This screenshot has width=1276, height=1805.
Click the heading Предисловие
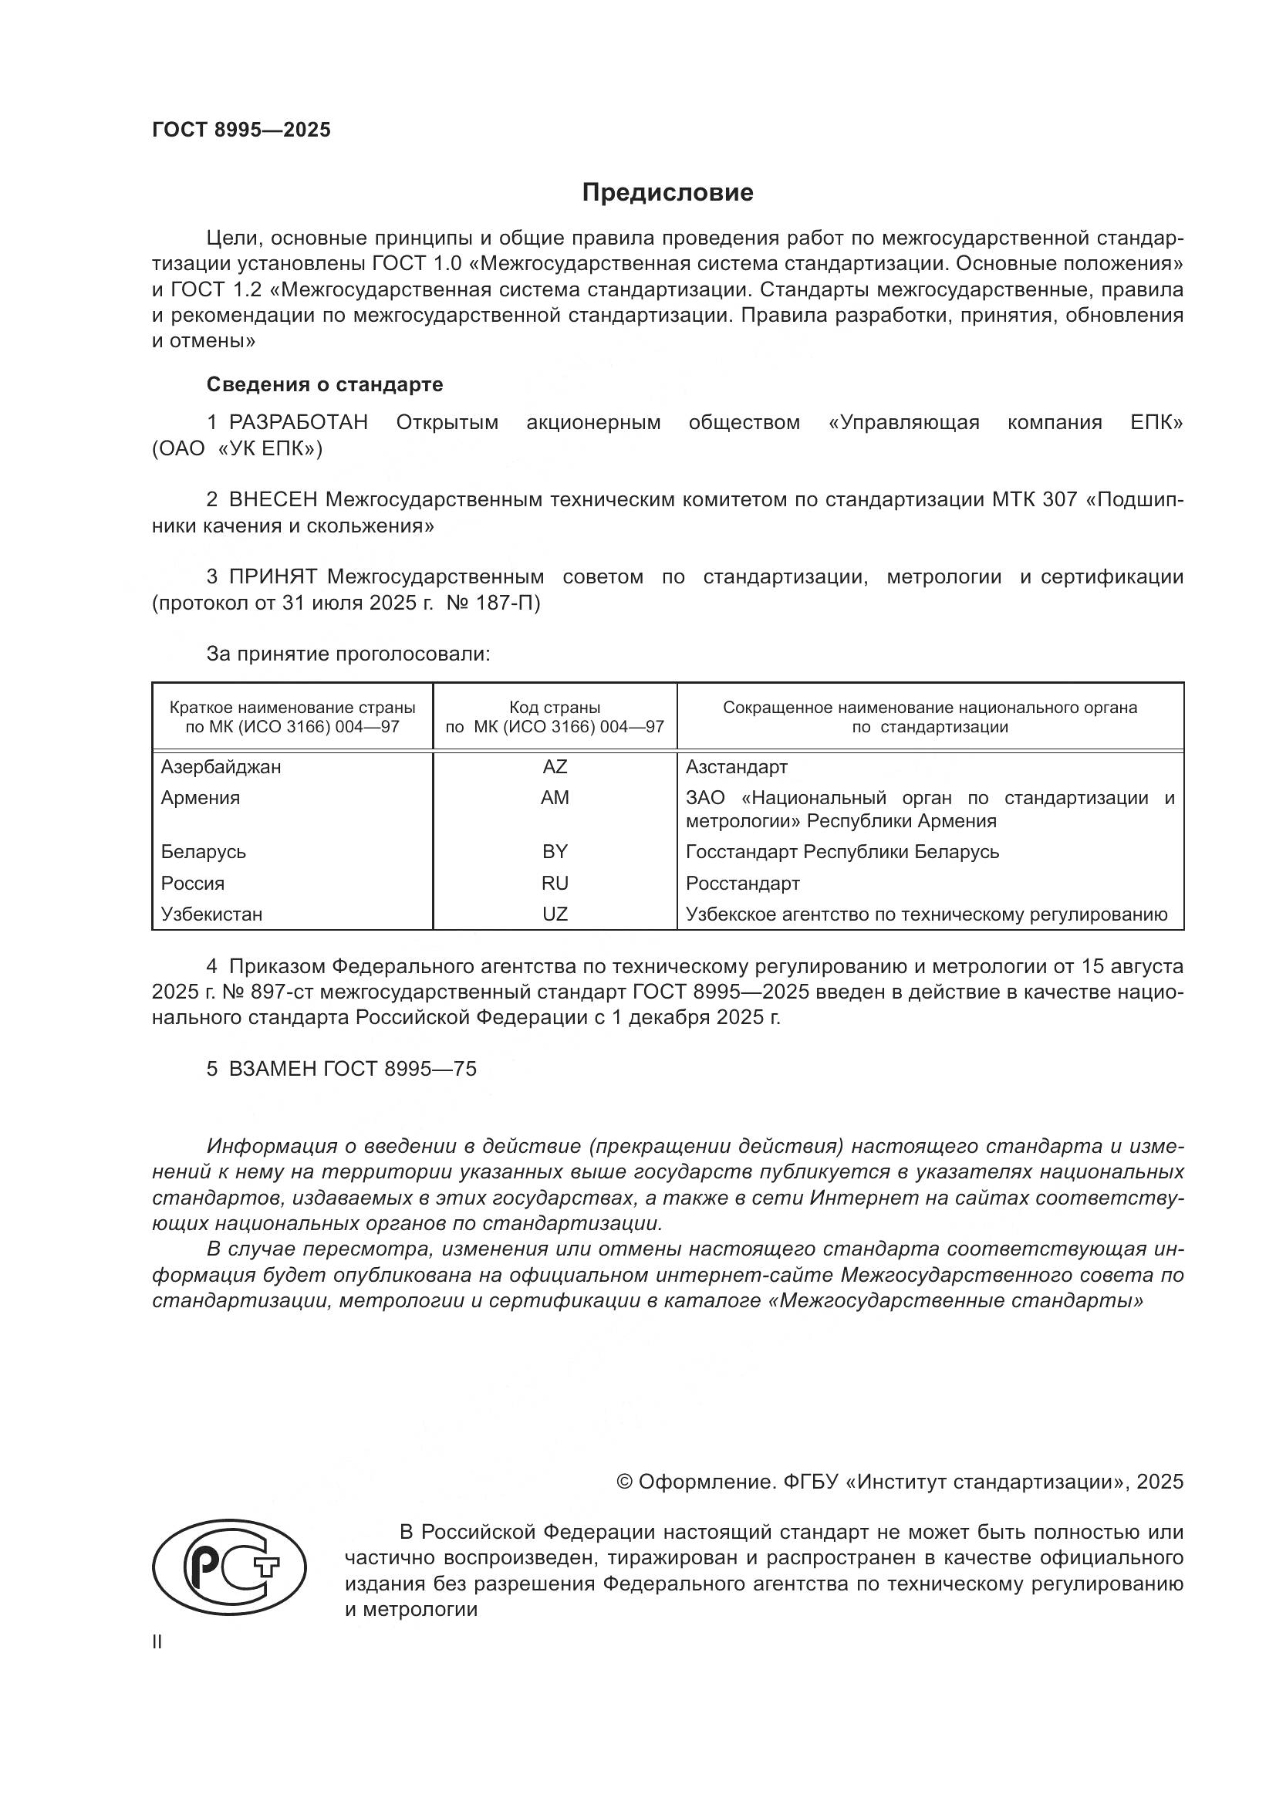(667, 193)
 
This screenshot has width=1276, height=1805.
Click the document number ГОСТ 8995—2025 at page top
(241, 130)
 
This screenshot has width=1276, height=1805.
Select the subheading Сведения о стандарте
(325, 384)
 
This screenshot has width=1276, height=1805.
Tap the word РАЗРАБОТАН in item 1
(299, 423)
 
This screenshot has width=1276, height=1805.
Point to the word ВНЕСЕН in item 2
(272, 500)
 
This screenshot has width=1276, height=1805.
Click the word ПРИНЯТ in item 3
(272, 577)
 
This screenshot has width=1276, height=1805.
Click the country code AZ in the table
(555, 767)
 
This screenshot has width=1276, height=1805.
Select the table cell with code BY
(555, 852)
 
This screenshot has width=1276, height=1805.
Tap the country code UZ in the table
(555, 914)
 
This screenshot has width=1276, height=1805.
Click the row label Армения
(201, 798)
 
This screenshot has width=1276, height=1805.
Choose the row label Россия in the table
(193, 884)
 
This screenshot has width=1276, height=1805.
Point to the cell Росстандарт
(742, 884)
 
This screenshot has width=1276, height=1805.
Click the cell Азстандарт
(736, 767)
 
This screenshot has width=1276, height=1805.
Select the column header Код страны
(555, 708)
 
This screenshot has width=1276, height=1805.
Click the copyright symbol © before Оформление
(625, 1482)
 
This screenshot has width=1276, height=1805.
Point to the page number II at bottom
(157, 1642)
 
